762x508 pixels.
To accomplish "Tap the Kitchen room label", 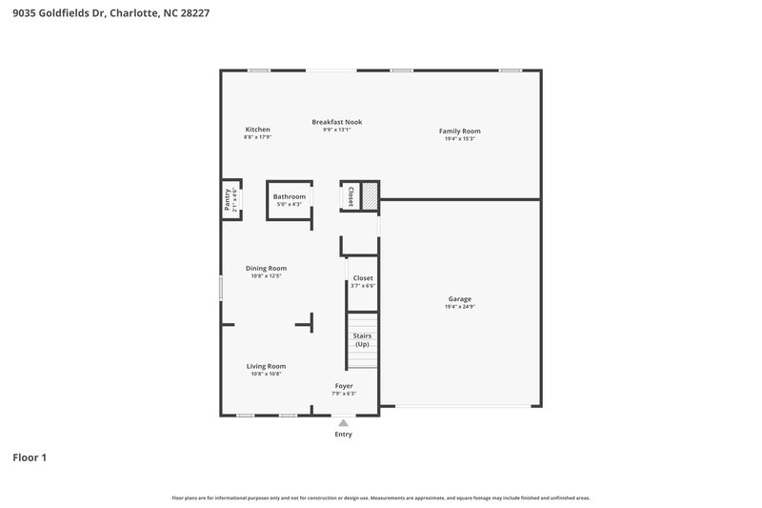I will (257, 130).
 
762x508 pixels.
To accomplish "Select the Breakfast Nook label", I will (337, 122).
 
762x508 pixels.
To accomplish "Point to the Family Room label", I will (459, 131).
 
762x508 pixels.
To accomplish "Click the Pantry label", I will (228, 199).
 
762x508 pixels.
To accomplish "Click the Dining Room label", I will (266, 269).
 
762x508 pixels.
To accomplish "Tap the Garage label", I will (459, 299).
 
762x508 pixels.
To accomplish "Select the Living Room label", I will (266, 366).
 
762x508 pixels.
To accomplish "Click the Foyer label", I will (343, 386).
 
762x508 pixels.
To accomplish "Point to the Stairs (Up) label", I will (362, 339).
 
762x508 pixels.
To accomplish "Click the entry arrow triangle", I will (343, 422).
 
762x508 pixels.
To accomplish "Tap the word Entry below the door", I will (343, 435).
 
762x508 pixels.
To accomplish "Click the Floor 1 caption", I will (30, 457).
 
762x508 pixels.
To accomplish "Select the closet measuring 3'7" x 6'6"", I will (363, 281).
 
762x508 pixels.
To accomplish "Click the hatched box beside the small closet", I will (370, 195).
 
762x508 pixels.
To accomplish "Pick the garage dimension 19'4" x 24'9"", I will (459, 307).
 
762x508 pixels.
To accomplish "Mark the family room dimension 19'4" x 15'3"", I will (459, 138).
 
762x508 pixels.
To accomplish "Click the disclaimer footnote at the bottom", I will (381, 498).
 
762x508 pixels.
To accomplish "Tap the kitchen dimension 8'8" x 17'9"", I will (257, 137).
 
